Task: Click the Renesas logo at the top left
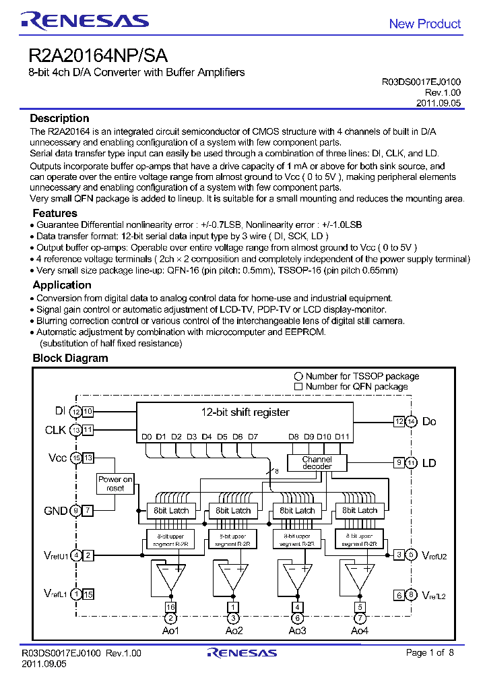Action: [84, 21]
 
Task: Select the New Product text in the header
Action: [424, 24]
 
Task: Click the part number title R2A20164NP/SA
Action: [98, 55]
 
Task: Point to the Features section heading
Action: [55, 213]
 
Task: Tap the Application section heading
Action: [62, 285]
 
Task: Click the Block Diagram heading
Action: [70, 358]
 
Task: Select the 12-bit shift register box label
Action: [245, 412]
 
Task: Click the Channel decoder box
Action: [317, 463]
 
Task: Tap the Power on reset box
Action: [115, 483]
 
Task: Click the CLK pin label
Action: [55, 430]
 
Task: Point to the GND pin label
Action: [55, 511]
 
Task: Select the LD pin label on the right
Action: [429, 463]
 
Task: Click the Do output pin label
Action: [429, 421]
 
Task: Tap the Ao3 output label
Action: [296, 630]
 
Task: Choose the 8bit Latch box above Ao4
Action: [360, 510]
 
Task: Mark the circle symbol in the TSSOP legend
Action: [298, 376]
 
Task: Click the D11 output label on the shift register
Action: [342, 437]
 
